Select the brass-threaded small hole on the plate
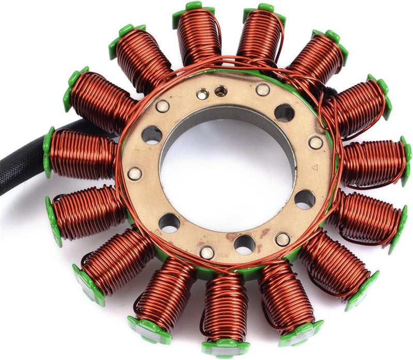click(220, 91)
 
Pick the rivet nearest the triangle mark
click(315, 142)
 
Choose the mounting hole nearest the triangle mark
click(305, 199)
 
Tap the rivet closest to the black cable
click(135, 173)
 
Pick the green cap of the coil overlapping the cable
click(49, 152)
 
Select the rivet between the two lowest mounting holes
click(207, 252)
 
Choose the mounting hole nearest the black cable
click(152, 135)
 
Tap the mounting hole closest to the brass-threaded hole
click(284, 112)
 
